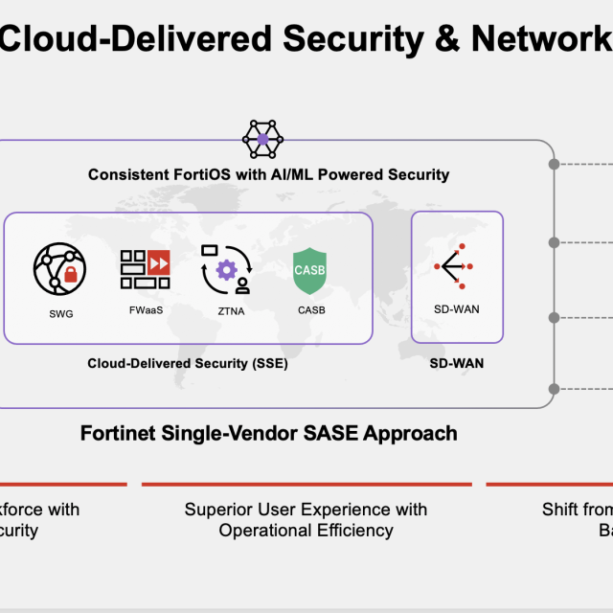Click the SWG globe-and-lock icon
59,268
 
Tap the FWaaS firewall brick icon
145,269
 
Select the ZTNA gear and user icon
226,269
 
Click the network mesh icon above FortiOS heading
263,140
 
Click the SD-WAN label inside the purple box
457,308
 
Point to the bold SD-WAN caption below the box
457,363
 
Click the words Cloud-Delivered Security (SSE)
188,363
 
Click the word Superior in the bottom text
217,510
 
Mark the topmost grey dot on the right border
554,165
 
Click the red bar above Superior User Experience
306,485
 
